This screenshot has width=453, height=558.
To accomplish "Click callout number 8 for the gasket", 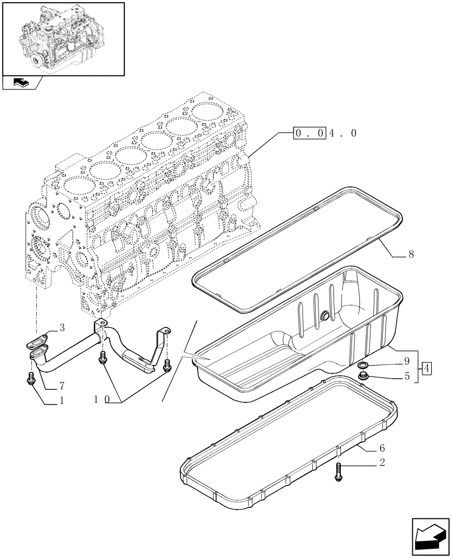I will [411, 255].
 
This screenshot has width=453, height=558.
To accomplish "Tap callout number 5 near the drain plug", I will [407, 376].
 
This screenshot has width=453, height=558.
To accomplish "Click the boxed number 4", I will [426, 368].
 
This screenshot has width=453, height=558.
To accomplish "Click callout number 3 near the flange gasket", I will [62, 328].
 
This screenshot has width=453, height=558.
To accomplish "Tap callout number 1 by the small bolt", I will [61, 400].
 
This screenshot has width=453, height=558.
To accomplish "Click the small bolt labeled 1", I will [31, 378].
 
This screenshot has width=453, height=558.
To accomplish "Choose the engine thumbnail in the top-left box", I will [62, 38].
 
